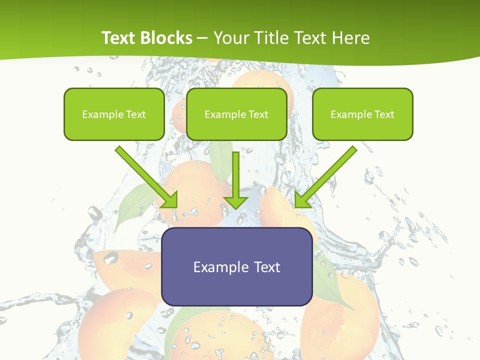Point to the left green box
[114, 114]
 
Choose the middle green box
[236, 114]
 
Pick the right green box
[362, 114]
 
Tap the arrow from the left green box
[145, 175]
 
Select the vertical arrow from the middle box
[236, 177]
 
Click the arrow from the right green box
[327, 175]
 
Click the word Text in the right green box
[384, 114]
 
